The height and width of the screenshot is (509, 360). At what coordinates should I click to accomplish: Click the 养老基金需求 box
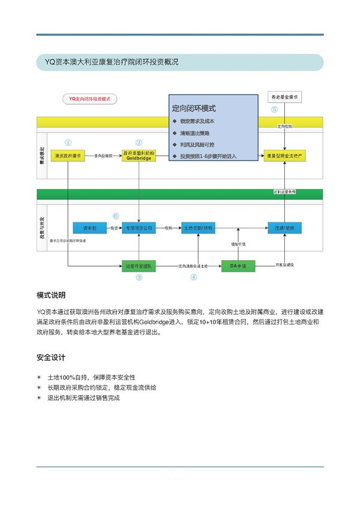point(284,97)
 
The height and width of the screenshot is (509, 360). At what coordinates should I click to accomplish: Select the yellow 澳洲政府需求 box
point(68,155)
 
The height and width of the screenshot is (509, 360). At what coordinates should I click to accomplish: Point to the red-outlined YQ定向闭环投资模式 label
point(89,98)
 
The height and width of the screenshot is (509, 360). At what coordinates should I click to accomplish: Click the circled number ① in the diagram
point(68,143)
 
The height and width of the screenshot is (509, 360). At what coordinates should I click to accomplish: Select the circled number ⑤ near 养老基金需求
point(274,110)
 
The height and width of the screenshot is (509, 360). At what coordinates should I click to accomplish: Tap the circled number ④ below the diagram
point(193,277)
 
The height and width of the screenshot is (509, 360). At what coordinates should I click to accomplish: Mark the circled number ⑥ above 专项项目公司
point(116,216)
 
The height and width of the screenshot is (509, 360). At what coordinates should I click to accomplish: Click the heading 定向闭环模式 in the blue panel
point(194,109)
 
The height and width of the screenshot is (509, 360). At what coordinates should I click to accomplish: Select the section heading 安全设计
point(51,358)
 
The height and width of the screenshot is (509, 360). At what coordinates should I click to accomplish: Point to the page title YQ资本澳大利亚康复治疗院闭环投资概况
point(107,62)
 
